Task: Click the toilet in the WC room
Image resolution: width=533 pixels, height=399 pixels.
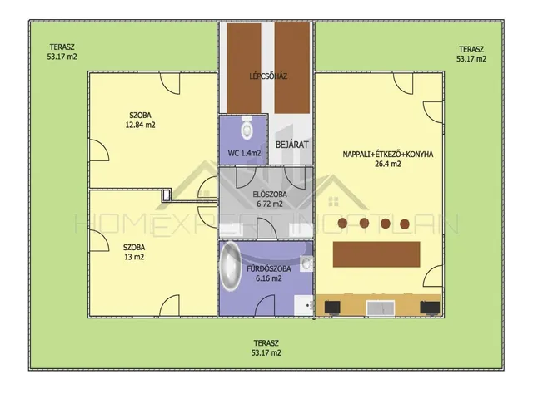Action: coord(247,127)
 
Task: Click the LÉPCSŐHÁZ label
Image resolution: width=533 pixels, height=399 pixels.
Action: coord(268,76)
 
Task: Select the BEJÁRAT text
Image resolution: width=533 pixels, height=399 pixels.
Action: coord(291,145)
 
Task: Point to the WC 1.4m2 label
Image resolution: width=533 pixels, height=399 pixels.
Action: coord(244,153)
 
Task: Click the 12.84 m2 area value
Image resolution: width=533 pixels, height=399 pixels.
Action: coord(141,125)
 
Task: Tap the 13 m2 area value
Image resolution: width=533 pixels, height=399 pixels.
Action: coord(134,257)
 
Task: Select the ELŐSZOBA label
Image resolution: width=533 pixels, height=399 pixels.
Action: coord(270,195)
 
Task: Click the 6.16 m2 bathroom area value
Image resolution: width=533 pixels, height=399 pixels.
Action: coord(268,278)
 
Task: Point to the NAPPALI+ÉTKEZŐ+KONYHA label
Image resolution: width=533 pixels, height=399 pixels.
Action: coord(388,155)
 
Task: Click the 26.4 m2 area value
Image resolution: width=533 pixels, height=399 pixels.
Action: coord(387,165)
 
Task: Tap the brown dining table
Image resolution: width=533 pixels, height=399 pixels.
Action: coord(376,254)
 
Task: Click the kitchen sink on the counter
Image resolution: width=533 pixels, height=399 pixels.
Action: coord(381,308)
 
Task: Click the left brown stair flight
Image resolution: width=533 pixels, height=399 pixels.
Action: coord(244,68)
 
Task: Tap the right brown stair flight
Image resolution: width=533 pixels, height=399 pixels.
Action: coord(292,68)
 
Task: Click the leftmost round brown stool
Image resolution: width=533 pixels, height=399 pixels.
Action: coord(342,223)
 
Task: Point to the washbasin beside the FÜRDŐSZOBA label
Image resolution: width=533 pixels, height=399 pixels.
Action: coord(307,264)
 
